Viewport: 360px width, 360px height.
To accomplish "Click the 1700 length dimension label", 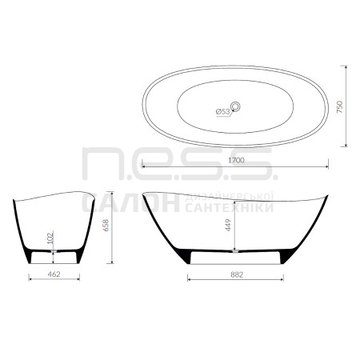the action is pos(236,160).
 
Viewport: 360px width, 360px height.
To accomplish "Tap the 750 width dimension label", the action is pos(340,107).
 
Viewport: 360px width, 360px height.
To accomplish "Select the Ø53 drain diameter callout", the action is pos(222,112).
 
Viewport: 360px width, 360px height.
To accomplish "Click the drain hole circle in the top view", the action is pos(235,106).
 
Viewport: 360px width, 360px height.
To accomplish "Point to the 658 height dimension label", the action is pos(106,225).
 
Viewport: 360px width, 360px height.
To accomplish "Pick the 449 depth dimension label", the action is pos(228,225).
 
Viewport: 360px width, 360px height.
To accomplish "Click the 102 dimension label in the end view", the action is pos(50,238).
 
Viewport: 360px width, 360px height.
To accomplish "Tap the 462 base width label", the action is pos(54,274).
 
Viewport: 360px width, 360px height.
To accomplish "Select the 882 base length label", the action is pos(237,274).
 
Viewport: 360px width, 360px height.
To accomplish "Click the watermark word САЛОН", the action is pos(130,202).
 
